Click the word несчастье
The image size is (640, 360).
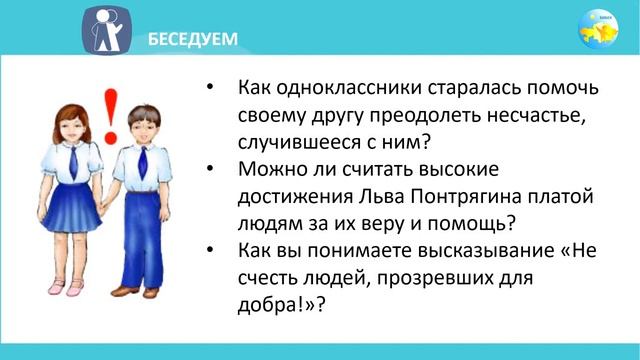pyautogui.click(x=523, y=113)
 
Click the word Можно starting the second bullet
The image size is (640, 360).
pyautogui.click(x=271, y=169)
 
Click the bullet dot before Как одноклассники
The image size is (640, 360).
pyautogui.click(x=209, y=88)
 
